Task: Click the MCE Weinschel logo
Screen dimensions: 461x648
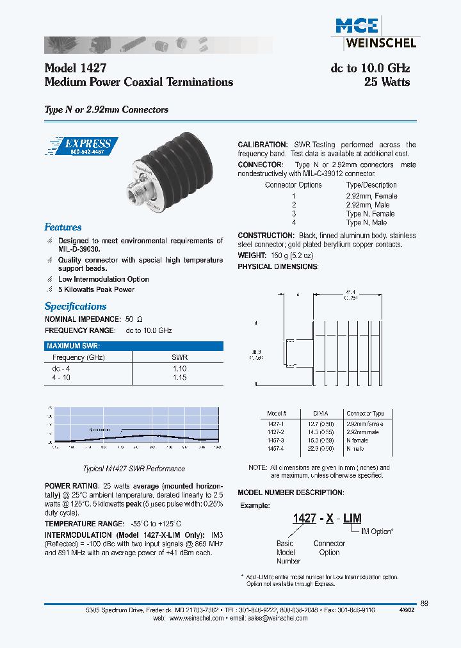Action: (375, 32)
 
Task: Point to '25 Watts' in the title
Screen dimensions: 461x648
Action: (387, 82)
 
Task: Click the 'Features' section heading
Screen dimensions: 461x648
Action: (63, 227)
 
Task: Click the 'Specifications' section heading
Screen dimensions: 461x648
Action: (76, 307)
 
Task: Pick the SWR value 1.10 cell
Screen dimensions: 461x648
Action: (179, 369)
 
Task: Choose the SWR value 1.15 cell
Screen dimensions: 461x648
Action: (179, 378)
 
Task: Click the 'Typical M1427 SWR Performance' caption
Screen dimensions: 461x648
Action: (134, 469)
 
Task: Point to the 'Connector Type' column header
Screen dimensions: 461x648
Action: (365, 414)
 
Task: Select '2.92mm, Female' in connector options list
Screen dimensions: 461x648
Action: (371, 196)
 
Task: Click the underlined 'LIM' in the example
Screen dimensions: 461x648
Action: (352, 519)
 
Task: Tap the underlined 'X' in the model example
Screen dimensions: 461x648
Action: (329, 519)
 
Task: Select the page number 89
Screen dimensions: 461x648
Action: (425, 603)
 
